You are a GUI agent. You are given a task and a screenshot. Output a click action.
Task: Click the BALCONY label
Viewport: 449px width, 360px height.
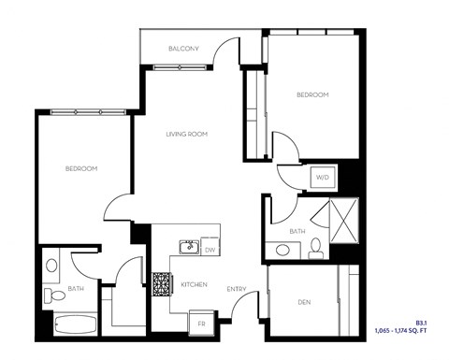pyautogui.click(x=181, y=48)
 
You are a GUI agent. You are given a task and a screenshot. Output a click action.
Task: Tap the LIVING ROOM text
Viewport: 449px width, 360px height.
pyautogui.click(x=186, y=135)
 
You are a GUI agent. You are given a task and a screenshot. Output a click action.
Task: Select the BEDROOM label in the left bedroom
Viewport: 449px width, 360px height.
pyautogui.click(x=81, y=168)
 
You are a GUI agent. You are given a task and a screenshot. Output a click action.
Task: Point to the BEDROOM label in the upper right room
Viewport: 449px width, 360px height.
pyautogui.click(x=312, y=94)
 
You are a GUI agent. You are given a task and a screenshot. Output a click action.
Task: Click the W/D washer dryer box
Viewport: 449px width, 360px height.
pyautogui.click(x=321, y=176)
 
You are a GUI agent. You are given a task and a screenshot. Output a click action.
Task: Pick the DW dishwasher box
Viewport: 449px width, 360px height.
pyautogui.click(x=210, y=250)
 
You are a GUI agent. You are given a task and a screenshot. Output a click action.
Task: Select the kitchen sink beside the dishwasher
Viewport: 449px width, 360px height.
pyautogui.click(x=188, y=248)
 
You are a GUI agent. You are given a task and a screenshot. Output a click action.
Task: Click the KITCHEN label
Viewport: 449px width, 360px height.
pyautogui.click(x=194, y=285)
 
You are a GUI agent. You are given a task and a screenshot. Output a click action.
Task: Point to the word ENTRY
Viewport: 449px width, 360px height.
pyautogui.click(x=236, y=288)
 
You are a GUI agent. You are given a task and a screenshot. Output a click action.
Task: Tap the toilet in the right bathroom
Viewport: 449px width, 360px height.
pyautogui.click(x=315, y=247)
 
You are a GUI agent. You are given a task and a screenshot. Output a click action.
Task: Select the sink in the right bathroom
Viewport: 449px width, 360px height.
pyautogui.click(x=282, y=250)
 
